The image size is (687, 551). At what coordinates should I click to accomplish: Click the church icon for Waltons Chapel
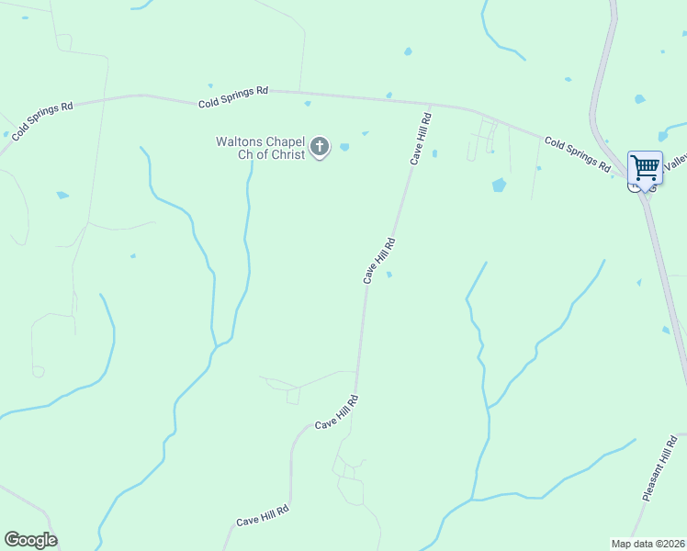pos(320,146)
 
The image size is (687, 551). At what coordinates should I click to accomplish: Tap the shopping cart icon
pos(646,167)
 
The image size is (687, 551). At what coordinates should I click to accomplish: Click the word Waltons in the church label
pos(241,141)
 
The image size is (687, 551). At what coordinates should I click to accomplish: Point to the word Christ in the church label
pos(286,155)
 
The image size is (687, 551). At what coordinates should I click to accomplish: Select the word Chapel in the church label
pos(287,141)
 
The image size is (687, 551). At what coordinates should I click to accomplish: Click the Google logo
pos(30,540)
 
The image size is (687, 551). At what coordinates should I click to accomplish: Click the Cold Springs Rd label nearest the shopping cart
pos(577,154)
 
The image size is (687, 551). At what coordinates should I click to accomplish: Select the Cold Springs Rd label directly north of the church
pos(233,97)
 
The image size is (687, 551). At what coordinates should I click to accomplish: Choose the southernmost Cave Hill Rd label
pos(263,515)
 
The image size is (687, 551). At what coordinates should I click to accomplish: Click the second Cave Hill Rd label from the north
pos(378,261)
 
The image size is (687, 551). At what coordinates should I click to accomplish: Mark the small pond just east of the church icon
pos(344,147)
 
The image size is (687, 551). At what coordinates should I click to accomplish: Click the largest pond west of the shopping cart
pos(499,185)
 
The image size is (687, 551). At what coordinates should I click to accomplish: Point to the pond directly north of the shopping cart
pos(639,99)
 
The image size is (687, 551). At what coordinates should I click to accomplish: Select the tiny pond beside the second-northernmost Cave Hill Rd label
pos(389,274)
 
